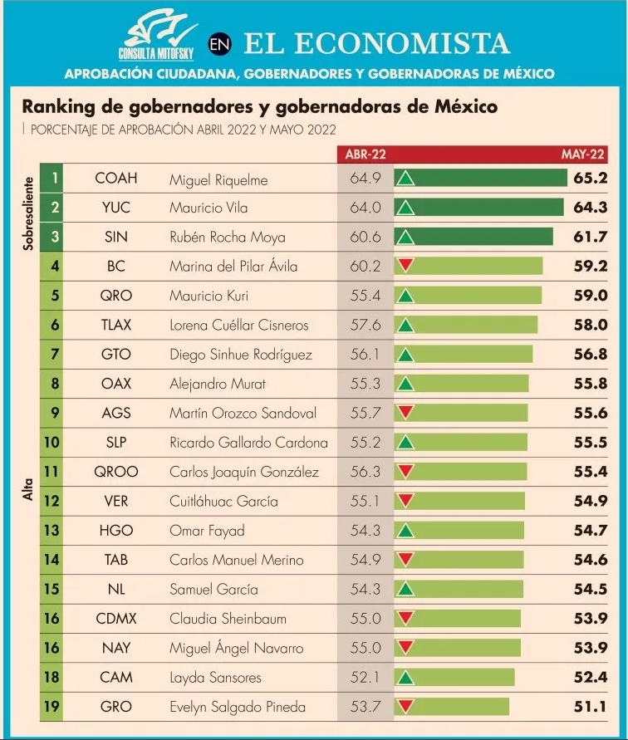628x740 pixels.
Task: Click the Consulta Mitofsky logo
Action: [159, 34]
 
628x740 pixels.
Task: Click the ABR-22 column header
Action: [366, 154]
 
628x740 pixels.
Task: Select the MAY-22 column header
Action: [583, 154]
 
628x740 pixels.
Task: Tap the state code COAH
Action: [116, 179]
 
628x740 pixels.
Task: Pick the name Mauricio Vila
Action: [208, 208]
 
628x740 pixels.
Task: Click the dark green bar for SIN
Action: [480, 238]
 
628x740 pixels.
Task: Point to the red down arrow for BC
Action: [405, 266]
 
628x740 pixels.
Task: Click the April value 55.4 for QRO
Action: [366, 296]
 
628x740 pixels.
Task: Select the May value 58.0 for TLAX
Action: [590, 325]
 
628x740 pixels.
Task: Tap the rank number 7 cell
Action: [55, 355]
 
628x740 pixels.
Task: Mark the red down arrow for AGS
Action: [405, 412]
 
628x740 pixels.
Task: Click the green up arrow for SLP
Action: [405, 443]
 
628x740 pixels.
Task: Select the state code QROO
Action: [116, 472]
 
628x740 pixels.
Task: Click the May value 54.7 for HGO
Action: [590, 531]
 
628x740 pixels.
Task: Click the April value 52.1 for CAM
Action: [366, 678]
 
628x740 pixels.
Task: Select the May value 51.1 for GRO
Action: [590, 708]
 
